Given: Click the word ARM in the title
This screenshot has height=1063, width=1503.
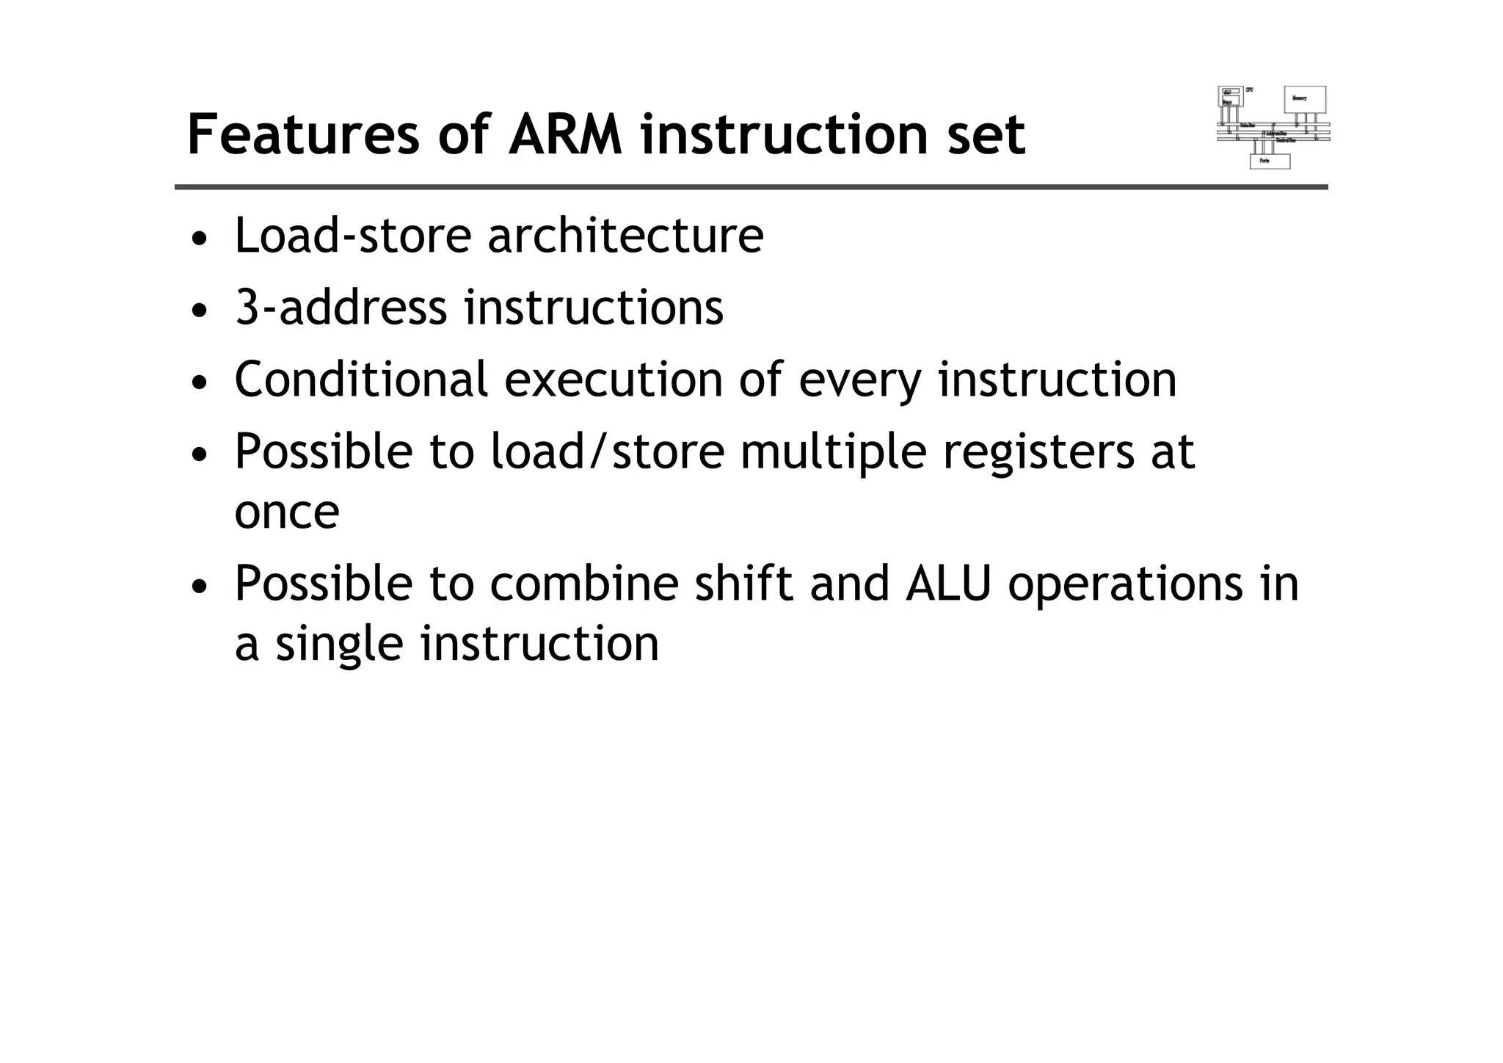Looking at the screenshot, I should point(565,135).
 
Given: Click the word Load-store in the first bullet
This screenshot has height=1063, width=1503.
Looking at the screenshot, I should point(352,236).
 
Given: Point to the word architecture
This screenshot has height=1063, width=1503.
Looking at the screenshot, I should point(625,236).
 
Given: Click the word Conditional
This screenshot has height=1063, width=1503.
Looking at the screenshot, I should point(361,379).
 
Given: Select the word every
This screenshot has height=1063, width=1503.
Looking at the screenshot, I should point(859,380).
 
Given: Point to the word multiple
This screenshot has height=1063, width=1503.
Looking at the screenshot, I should point(834,451).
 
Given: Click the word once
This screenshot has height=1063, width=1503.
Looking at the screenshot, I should point(287,512).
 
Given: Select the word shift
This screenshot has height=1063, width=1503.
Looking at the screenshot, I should point(743,583).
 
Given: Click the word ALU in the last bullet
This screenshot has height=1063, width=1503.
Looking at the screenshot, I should point(948,583).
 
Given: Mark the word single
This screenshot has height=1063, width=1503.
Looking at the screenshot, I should point(339,644).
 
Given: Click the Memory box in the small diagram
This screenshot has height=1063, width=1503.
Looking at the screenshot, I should point(1304,99).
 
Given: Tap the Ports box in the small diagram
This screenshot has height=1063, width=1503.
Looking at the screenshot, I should point(1270,161).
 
